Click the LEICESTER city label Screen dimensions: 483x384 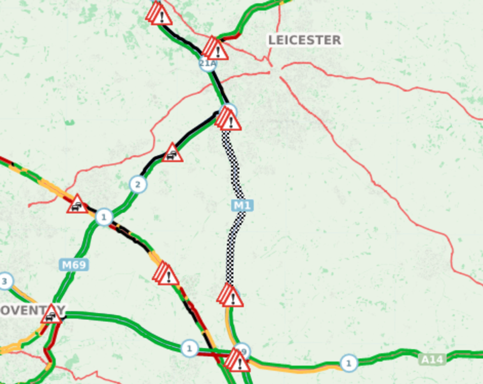pos(305,40)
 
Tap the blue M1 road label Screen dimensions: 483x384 pos(241,205)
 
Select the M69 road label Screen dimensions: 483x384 pos(74,265)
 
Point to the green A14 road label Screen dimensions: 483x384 pos(432,359)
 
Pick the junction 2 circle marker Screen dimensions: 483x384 pos(138,185)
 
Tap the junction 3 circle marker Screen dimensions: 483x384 pos(5,281)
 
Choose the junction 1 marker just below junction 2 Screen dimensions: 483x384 pos(103,216)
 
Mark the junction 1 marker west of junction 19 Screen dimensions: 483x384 pos(189,348)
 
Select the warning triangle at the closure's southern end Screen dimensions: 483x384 pos(231,296)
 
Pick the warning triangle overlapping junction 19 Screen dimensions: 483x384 pos(238,362)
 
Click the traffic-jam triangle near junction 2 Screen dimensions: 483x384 pos(172,153)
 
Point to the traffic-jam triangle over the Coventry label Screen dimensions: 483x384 pos(51,314)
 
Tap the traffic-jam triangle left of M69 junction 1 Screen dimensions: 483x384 pos(77,204)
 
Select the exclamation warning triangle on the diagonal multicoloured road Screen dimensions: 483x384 pos(167,275)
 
